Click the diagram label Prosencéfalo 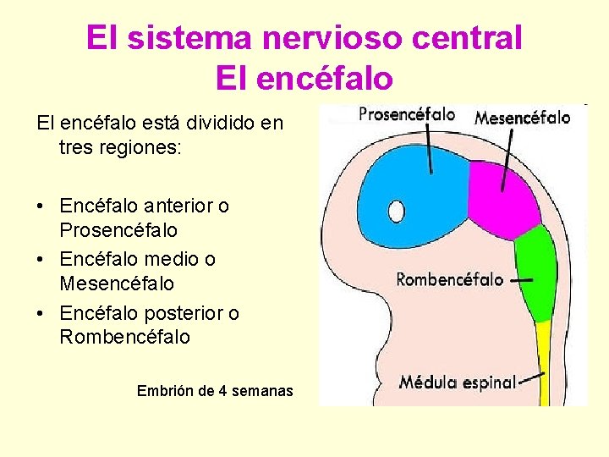pyautogui.click(x=407, y=114)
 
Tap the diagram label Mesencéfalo pyautogui.click(x=522, y=118)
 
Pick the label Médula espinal pyautogui.click(x=457, y=382)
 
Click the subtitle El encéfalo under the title pyautogui.click(x=304, y=79)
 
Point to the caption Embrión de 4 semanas pyautogui.click(x=215, y=391)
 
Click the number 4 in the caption pyautogui.click(x=222, y=391)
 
